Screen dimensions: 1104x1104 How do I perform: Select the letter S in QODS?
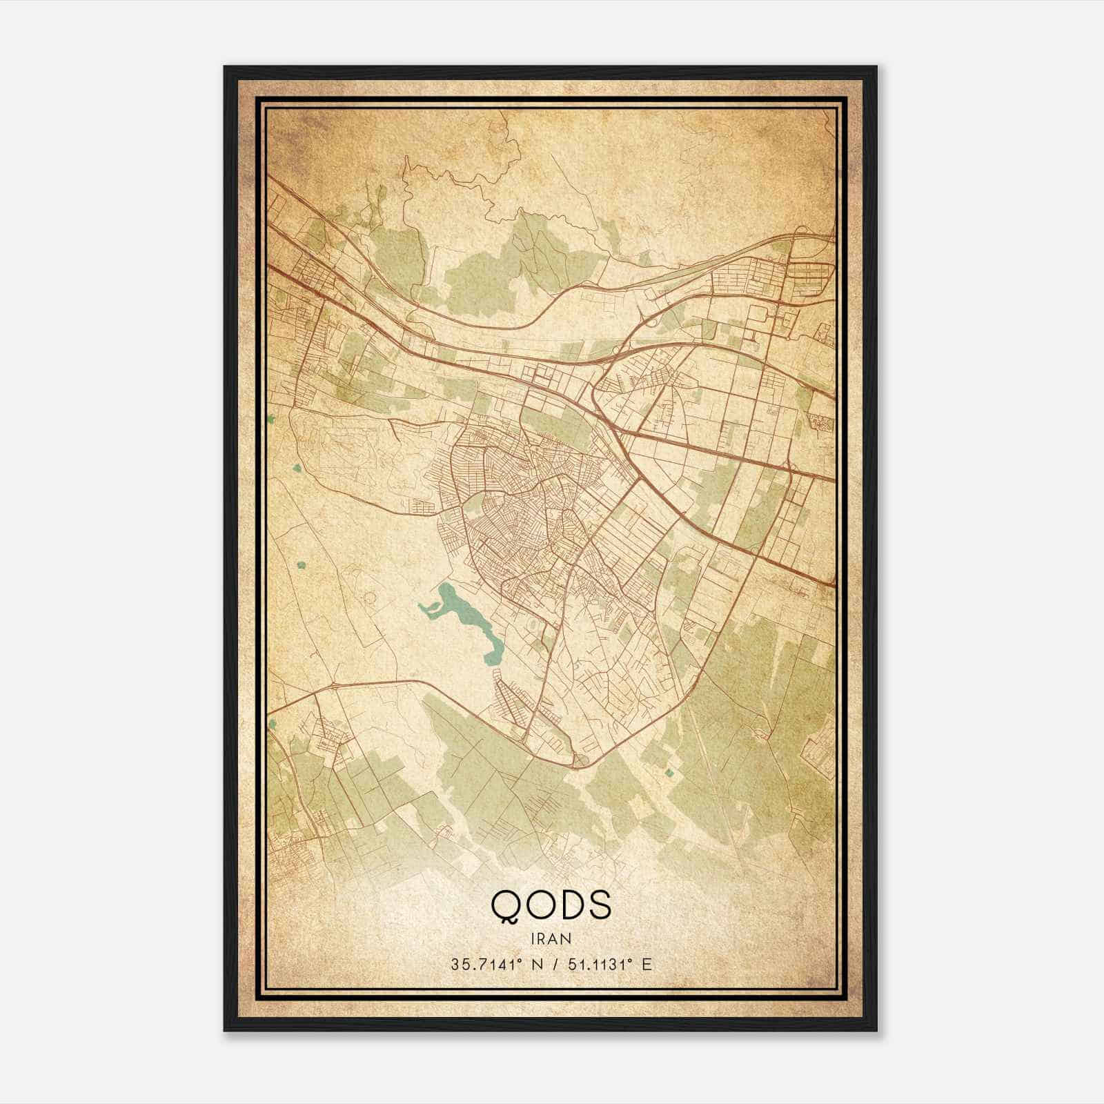(x=599, y=905)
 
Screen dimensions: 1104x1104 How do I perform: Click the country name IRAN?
(x=551, y=938)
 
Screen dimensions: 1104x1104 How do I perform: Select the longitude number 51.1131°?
(x=595, y=964)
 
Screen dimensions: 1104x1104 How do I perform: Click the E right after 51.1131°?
(x=647, y=964)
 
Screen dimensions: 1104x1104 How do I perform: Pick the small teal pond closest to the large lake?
(x=302, y=565)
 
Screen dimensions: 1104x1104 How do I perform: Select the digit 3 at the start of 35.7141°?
(x=455, y=964)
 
